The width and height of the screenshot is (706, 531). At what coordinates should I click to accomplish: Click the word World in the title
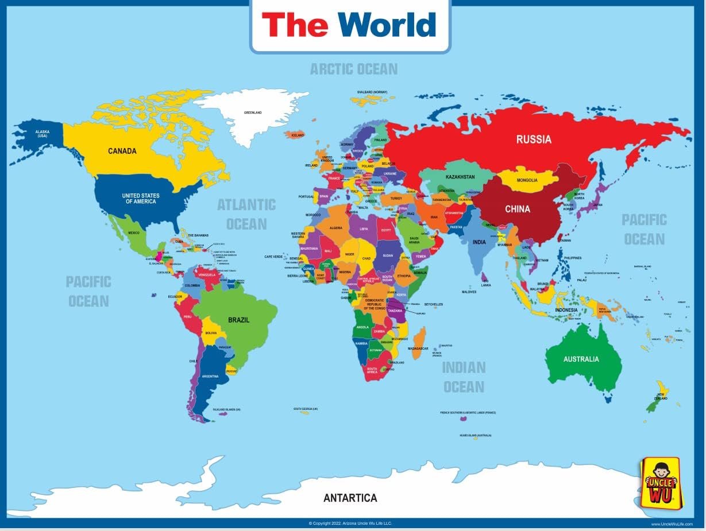click(386, 25)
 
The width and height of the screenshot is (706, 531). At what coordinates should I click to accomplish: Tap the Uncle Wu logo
click(659, 483)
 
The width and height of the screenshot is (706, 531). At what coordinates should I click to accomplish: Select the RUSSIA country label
click(533, 139)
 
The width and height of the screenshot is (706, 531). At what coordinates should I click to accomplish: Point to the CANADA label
click(122, 151)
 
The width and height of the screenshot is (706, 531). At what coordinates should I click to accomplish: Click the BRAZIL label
click(238, 320)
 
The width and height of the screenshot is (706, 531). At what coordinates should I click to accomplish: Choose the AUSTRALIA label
click(581, 359)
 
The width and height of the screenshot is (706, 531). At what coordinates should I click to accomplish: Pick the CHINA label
click(517, 209)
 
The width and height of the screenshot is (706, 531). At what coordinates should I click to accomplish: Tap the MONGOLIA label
click(527, 180)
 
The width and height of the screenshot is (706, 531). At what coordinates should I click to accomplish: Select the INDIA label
click(479, 242)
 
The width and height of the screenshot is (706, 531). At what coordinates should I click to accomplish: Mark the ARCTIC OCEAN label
click(353, 69)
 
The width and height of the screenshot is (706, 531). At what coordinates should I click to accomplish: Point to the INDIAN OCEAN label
click(464, 377)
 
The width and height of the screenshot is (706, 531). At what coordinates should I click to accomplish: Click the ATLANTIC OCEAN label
click(246, 214)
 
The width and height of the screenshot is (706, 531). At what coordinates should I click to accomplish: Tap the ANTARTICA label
click(350, 498)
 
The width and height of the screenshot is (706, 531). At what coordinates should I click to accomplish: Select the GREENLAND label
click(253, 113)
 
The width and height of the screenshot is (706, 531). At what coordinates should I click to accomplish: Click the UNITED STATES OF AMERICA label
click(141, 199)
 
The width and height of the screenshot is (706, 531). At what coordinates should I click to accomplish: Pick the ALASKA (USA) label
click(41, 134)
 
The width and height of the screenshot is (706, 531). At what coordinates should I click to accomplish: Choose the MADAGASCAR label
click(418, 348)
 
